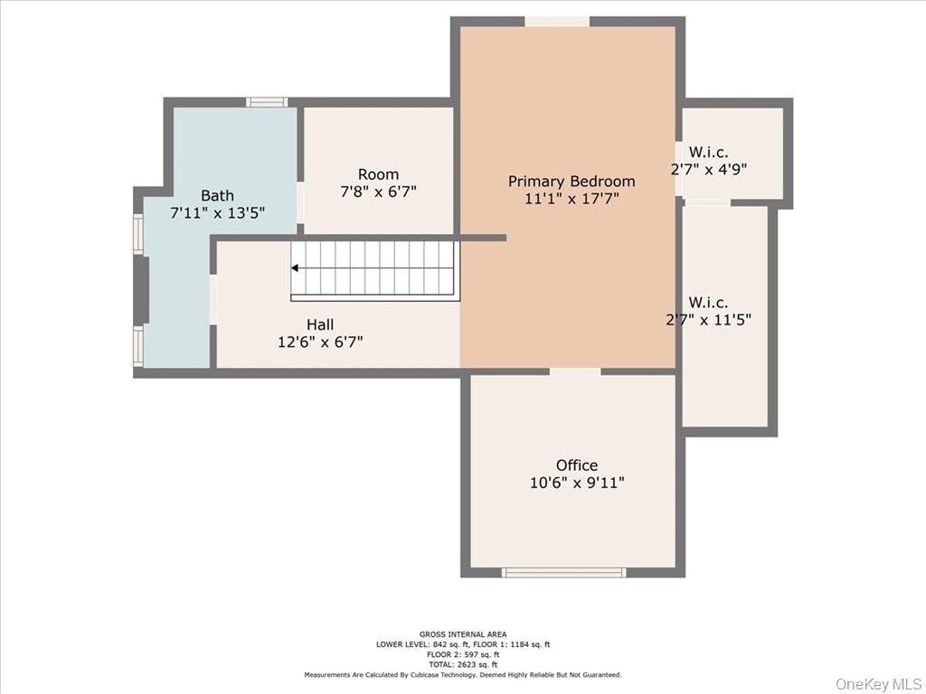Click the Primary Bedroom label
(572, 181)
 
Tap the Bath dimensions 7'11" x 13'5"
(217, 212)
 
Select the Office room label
(577, 465)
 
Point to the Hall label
(320, 324)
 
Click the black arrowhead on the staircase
(294, 267)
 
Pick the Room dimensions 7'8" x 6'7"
(379, 192)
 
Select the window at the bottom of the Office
(564, 572)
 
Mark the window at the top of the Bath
(267, 102)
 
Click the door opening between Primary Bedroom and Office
(575, 371)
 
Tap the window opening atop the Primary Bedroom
(557, 22)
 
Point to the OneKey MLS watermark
(878, 683)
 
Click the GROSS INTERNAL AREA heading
(463, 634)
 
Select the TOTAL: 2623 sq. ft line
(463, 664)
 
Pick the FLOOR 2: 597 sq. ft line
(463, 654)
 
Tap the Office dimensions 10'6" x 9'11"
(577, 483)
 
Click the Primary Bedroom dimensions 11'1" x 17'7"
(572, 198)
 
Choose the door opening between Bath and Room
(300, 202)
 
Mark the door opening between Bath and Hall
(213, 299)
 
